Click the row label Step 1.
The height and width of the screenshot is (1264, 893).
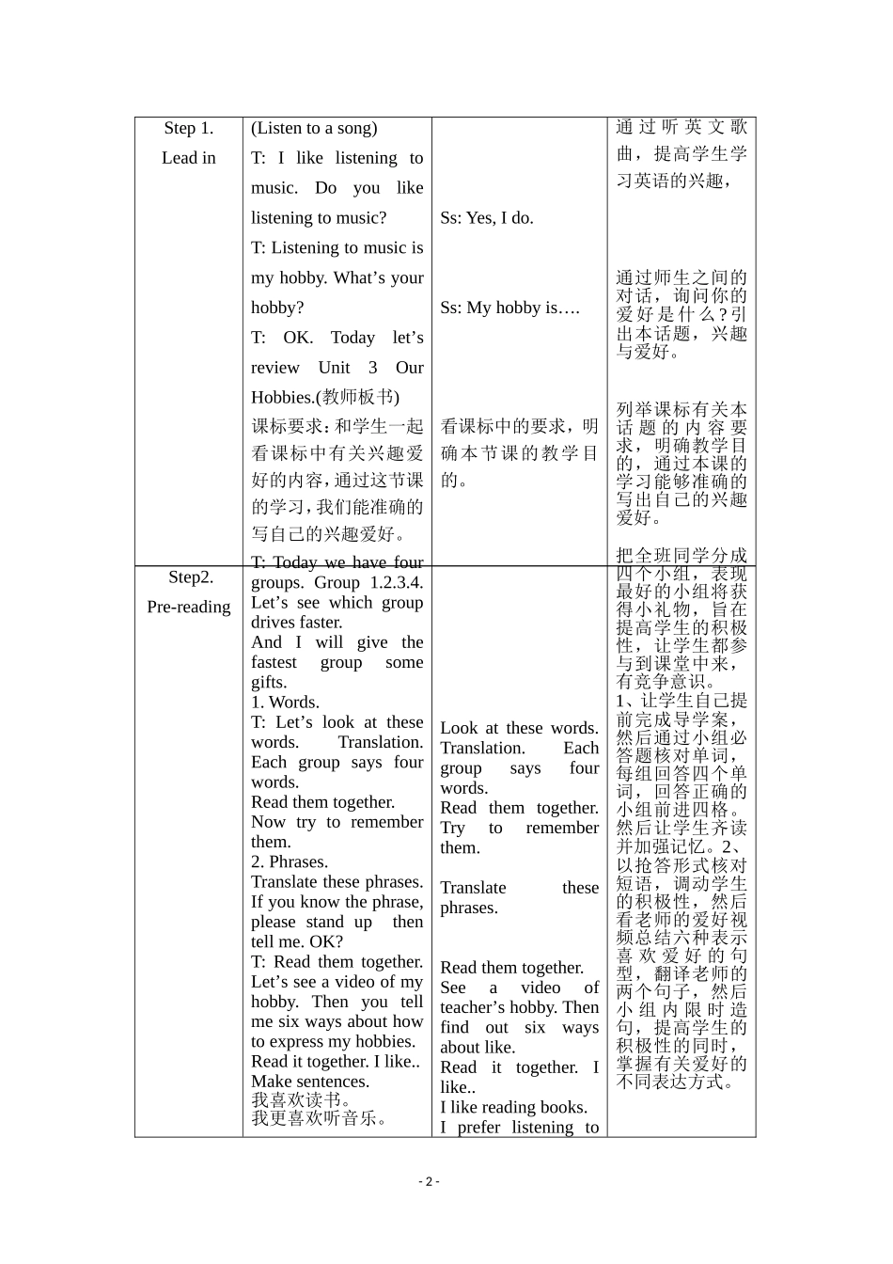[x=188, y=128]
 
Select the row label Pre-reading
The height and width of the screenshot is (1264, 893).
[x=188, y=607]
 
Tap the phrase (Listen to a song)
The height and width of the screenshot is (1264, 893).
[x=314, y=128]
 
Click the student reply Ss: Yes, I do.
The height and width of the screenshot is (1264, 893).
[x=487, y=217]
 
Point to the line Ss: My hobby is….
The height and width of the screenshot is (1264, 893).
[x=510, y=308]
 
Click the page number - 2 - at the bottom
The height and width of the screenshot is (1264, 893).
[x=429, y=1182]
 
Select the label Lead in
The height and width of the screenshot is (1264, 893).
[x=188, y=158]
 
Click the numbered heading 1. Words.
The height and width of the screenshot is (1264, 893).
[x=285, y=702]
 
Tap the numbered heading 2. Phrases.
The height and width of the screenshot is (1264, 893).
[x=290, y=861]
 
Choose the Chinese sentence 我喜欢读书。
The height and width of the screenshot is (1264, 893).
[x=302, y=1100]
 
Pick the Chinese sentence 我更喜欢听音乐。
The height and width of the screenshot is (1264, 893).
[x=320, y=1118]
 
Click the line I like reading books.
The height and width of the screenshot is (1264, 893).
[x=513, y=1107]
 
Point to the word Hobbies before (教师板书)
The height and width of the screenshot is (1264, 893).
[x=284, y=397]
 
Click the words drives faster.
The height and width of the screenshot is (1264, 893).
[x=297, y=622]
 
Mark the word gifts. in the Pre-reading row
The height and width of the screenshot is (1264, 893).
[x=269, y=682]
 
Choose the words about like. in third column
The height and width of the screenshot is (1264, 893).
[x=478, y=1047]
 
